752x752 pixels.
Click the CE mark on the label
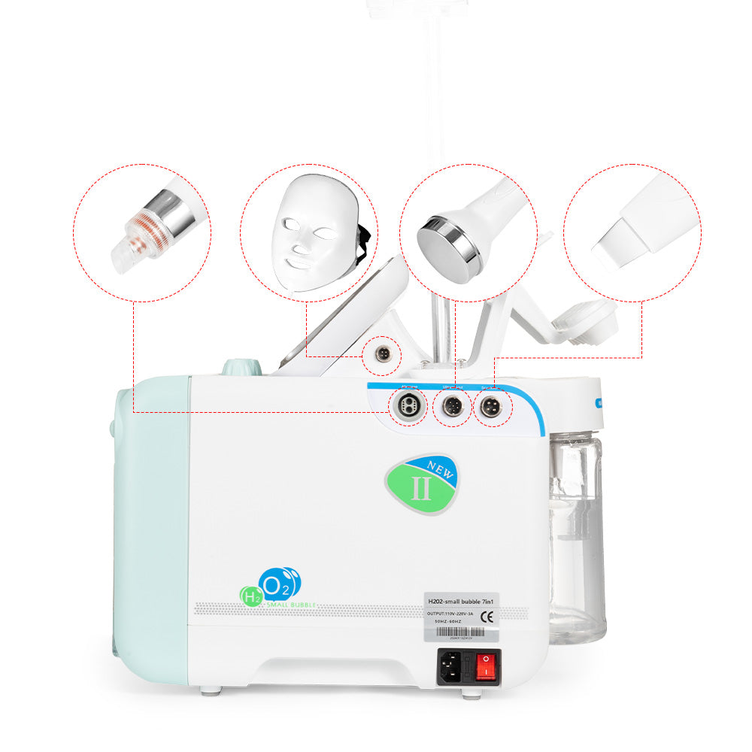click(x=487, y=617)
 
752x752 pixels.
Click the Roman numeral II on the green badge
click(x=421, y=489)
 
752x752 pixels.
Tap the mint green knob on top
click(x=241, y=367)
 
